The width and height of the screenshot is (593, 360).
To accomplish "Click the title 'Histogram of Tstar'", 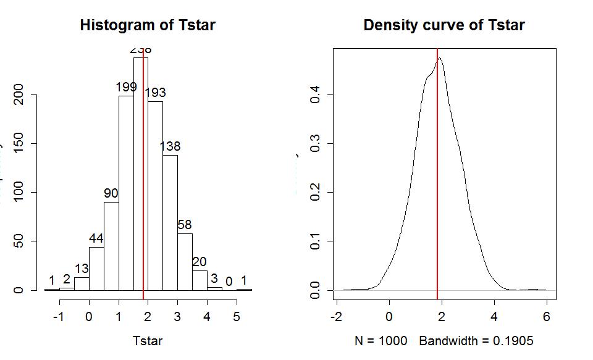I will (x=148, y=25).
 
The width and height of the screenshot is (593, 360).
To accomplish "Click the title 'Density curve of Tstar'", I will (x=444, y=25).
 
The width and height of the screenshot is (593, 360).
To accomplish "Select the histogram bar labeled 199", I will (x=126, y=193).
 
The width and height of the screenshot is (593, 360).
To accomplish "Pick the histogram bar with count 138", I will (x=170, y=222).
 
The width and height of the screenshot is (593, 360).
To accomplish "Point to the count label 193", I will (x=155, y=93).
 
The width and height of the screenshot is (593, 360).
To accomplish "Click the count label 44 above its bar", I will (x=96, y=238).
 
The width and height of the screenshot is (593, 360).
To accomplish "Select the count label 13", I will (x=82, y=269).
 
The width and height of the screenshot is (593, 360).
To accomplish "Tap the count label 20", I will (x=200, y=262).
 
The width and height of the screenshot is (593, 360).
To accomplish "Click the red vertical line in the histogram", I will (x=143, y=185).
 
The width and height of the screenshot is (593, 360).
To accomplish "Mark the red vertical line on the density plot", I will (x=437, y=185).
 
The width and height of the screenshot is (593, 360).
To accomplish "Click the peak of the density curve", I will (x=439, y=59).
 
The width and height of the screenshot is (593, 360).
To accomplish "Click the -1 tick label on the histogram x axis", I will (x=59, y=317).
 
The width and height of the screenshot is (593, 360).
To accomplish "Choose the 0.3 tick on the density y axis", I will (x=315, y=144).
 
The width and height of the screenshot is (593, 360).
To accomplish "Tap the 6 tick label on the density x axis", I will (x=546, y=317).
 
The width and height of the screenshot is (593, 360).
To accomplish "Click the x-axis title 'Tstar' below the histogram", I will (x=148, y=340).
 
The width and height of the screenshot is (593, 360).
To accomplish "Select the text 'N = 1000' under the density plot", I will (x=381, y=340).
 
